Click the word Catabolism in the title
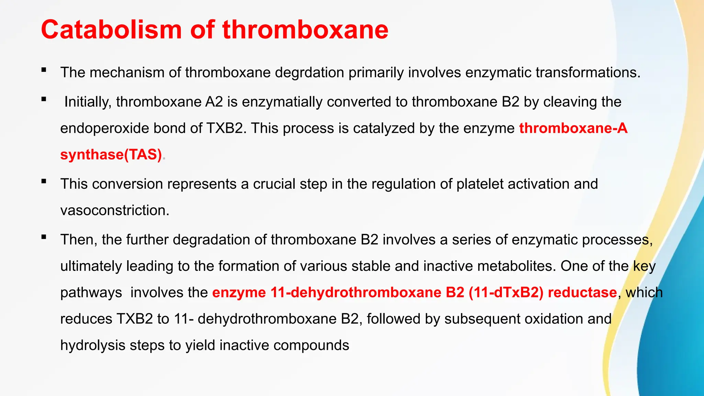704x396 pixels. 111,30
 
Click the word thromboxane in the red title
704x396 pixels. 305,30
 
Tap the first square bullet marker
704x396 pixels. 44,70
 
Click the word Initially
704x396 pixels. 88,102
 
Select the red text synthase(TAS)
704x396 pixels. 111,155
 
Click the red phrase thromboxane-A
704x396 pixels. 573,128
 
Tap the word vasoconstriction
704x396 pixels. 114,210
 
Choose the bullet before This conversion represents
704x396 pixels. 44,181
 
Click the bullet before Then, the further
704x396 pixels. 44,237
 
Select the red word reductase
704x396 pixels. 582,293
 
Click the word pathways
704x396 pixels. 91,293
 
